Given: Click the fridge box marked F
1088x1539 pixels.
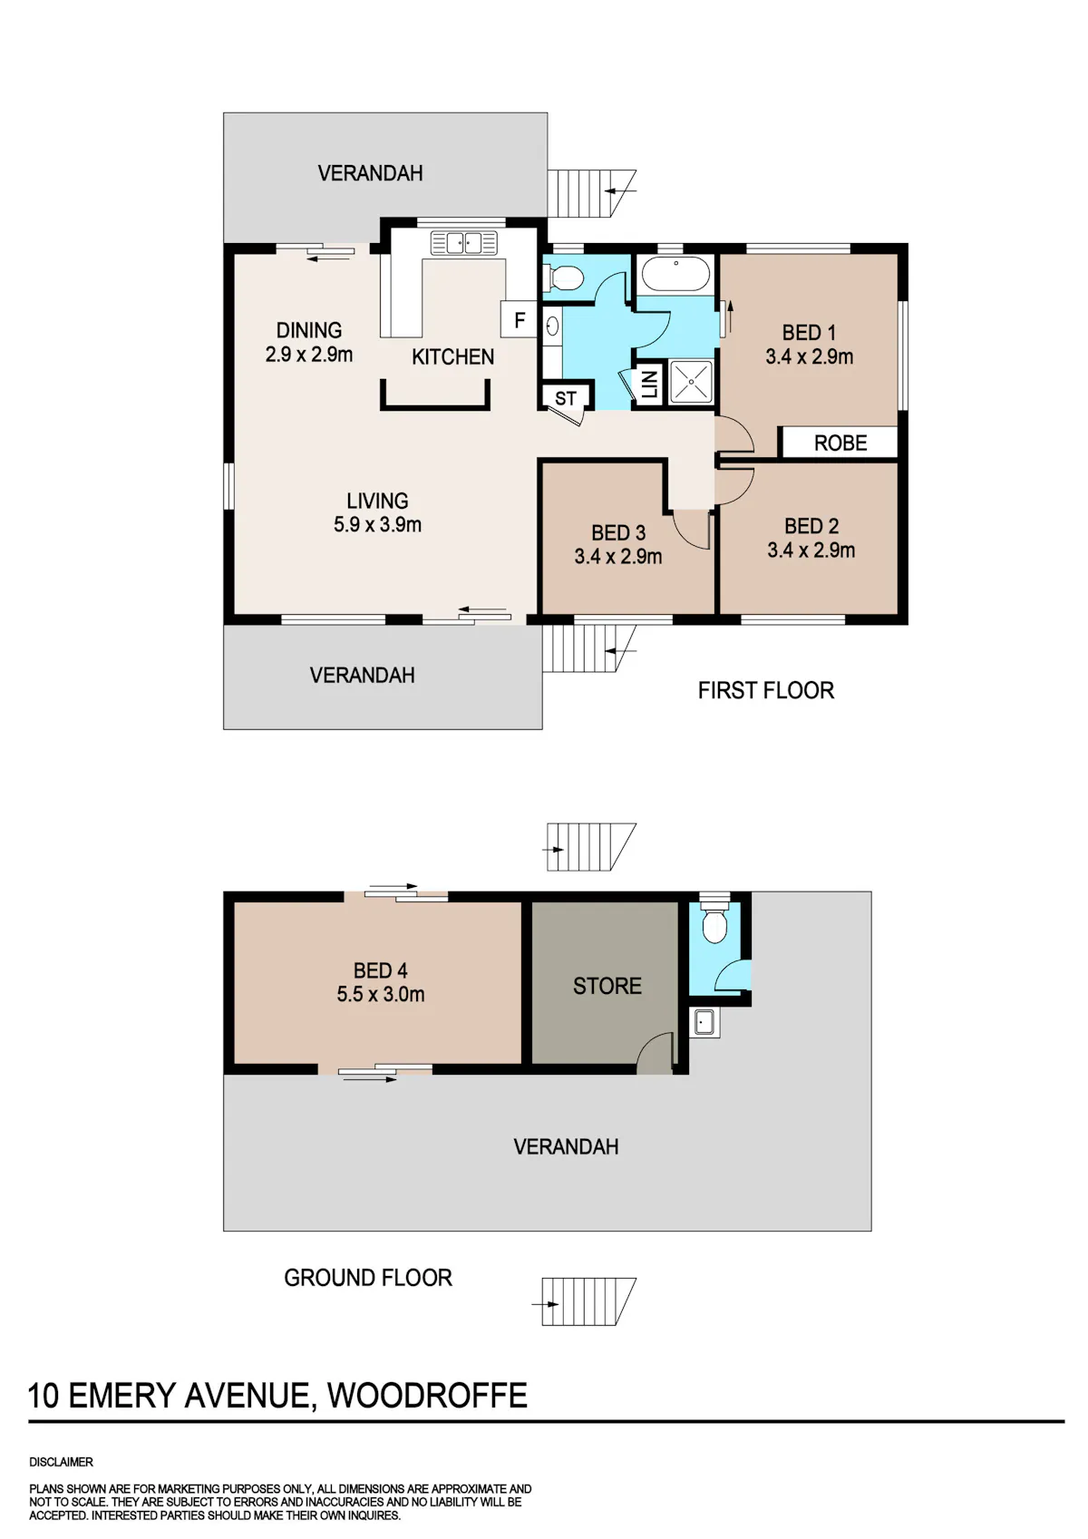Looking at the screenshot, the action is tap(520, 319).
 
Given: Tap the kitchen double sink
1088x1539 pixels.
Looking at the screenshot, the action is tap(463, 242).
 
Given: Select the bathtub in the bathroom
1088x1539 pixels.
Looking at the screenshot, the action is tap(675, 274).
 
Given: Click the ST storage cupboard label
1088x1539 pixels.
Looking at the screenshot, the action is tap(565, 398).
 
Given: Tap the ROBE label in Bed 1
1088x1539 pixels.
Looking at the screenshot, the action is tap(840, 443).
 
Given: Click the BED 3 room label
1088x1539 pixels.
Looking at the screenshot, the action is tap(618, 532).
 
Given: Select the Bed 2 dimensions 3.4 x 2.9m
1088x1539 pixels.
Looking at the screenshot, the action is tap(811, 550).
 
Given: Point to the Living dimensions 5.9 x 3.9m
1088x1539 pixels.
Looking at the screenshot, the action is tap(377, 525).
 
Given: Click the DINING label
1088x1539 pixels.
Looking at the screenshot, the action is tap(309, 330).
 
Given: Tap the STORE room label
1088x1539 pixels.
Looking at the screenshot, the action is tap(607, 986).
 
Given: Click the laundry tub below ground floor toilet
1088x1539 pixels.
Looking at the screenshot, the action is tap(704, 1022).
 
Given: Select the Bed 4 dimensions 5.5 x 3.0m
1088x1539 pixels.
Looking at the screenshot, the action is tap(381, 994).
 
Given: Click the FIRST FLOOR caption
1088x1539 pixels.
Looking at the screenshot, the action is tap(766, 690).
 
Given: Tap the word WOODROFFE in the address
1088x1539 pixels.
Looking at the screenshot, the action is tap(427, 1396).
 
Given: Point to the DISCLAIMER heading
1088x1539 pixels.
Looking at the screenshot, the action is tap(61, 1462).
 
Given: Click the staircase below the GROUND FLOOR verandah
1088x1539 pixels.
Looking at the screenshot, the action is tap(588, 1301).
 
